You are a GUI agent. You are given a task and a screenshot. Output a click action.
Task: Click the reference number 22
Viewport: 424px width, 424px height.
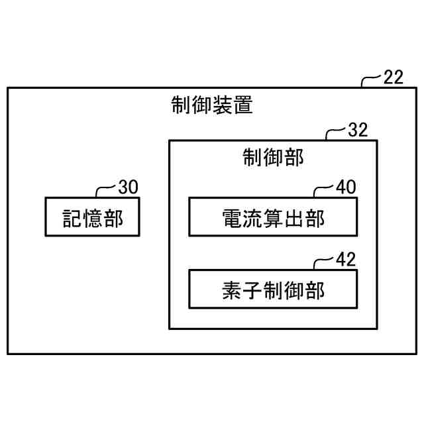point(393,78)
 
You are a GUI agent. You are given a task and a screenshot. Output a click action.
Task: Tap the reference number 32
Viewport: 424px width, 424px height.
point(358,130)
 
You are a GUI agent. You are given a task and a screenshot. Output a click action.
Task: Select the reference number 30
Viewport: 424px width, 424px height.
point(128,187)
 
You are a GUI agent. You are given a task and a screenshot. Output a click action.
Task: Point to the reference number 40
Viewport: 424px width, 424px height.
point(345,187)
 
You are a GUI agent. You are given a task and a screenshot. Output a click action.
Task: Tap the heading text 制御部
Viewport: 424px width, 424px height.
point(273,158)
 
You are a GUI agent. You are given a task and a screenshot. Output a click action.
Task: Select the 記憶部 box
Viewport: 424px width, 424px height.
point(92,217)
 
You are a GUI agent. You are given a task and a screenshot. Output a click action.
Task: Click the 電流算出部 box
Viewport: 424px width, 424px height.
point(273,217)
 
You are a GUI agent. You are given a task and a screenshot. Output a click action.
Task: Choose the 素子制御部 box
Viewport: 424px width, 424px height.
point(273,289)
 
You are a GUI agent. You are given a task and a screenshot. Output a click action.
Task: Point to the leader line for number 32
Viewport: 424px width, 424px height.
point(335,132)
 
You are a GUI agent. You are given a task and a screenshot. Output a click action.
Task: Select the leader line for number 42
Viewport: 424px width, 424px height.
point(323,262)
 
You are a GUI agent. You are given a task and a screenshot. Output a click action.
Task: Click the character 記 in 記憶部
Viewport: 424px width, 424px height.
point(72,217)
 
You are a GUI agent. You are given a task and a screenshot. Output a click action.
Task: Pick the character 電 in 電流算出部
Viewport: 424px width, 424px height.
point(232,217)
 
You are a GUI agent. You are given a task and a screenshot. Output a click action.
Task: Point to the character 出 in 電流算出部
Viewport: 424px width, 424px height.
point(293,217)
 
